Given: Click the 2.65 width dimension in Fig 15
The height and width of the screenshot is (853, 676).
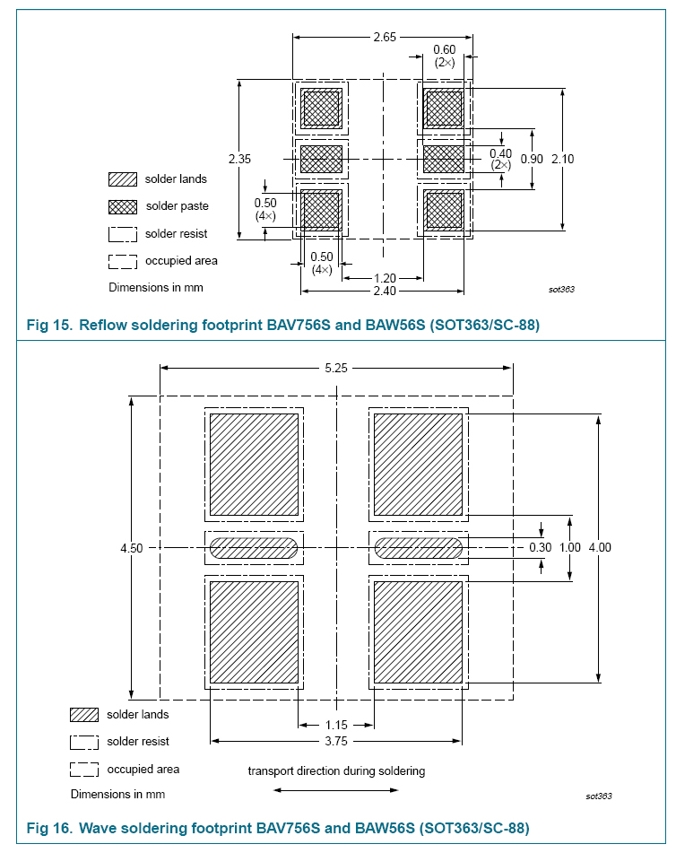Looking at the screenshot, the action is [385, 37].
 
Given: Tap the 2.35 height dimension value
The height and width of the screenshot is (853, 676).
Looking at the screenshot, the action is [240, 159].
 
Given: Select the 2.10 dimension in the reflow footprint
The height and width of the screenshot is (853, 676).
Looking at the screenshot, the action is [562, 159].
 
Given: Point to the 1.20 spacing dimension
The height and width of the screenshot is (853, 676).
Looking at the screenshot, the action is [385, 279].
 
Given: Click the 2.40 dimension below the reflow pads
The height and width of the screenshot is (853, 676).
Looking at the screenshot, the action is [385, 291].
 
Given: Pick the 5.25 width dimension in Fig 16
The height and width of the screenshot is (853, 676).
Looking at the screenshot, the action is [336, 369].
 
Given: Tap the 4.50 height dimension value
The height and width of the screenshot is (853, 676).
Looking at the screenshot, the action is [132, 548].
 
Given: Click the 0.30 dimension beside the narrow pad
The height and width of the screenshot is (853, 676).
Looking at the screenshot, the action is [540, 547].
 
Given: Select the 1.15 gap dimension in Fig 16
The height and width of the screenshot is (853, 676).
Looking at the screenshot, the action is [336, 725].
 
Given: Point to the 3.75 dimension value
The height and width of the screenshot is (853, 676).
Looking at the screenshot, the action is [336, 741].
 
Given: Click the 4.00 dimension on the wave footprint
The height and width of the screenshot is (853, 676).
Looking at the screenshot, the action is [600, 547].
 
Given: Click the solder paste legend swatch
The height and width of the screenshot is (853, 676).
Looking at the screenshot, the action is [122, 206].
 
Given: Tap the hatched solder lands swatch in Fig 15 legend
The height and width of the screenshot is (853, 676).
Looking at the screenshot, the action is [122, 179].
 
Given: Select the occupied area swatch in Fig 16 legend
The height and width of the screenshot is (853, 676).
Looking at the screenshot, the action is [84, 770].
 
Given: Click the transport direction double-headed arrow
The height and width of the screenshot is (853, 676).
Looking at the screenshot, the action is [335, 790].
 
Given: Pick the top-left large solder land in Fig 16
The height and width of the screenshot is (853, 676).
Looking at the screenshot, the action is [254, 465].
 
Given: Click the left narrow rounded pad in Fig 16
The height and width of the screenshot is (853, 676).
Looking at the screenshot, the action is [254, 548].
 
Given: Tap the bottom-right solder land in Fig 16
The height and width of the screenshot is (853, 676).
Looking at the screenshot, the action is [418, 632].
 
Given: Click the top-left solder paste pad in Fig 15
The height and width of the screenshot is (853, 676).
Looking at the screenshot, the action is [321, 109].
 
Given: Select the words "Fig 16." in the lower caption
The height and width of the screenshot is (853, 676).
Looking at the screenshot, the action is [49, 828].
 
